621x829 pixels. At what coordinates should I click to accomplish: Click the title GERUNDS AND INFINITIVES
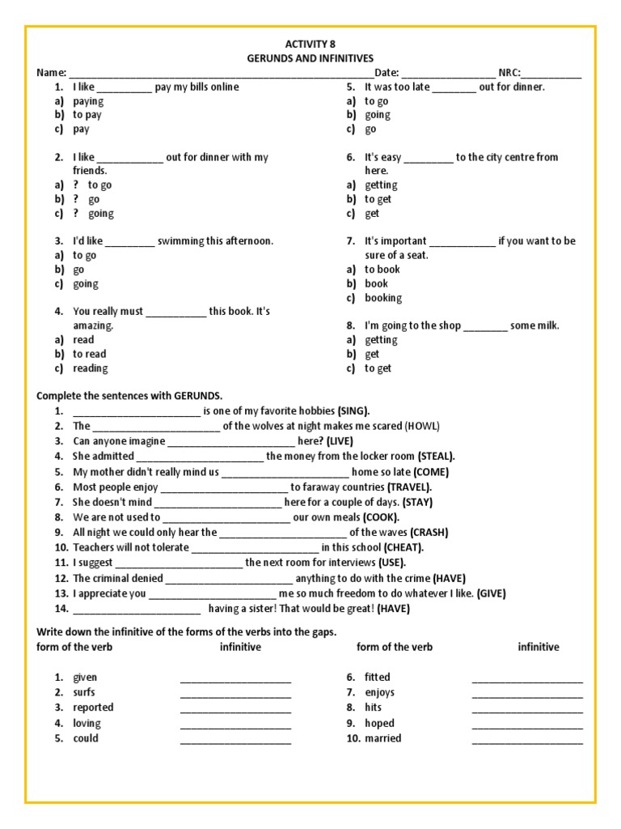(310, 58)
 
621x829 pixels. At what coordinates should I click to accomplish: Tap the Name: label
(51, 73)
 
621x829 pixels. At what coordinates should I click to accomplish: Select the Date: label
(387, 73)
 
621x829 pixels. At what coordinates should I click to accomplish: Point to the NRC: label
(510, 73)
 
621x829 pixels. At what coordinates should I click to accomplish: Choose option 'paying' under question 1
(88, 101)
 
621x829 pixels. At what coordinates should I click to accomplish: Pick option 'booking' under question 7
(382, 298)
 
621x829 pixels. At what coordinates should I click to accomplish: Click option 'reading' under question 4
(90, 368)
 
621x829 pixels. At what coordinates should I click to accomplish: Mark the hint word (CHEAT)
(403, 548)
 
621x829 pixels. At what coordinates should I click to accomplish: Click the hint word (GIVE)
(491, 593)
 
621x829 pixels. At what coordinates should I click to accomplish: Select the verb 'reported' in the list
(93, 708)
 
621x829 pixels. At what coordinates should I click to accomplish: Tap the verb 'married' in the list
(382, 738)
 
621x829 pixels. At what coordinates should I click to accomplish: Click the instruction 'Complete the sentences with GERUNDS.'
(129, 396)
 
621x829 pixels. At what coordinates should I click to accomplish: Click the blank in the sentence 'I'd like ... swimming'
(129, 242)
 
